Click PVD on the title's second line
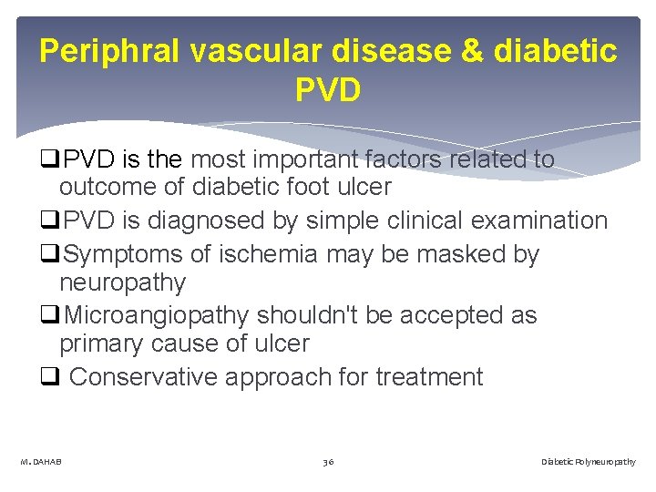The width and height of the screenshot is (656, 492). tap(328, 90)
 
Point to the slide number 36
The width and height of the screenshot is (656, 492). tap(328, 462)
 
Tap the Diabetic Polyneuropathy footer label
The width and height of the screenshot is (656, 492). tap(589, 462)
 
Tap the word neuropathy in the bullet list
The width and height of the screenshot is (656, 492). tap(122, 283)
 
